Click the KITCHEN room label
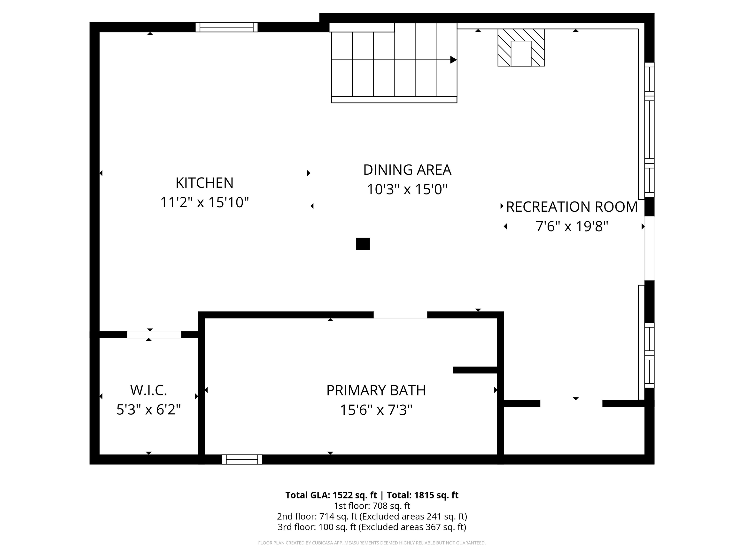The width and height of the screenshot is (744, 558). click(204, 183)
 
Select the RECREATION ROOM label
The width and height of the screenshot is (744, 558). click(572, 207)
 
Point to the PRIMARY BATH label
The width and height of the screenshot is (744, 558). click(376, 390)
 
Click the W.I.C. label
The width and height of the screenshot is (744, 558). click(148, 390)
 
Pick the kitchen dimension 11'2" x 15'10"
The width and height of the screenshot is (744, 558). click(204, 202)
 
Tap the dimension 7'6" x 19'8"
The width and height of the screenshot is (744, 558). click(572, 226)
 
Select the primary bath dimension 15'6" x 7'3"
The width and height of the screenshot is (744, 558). click(376, 410)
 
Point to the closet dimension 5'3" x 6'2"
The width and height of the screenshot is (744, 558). click(148, 410)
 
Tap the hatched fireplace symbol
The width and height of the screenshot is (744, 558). click(521, 47)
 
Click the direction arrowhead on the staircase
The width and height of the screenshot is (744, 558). click(453, 60)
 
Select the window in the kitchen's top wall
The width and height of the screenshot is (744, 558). click(227, 27)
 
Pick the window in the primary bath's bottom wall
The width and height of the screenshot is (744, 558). click(242, 459)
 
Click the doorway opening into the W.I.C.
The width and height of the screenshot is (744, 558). click(154, 335)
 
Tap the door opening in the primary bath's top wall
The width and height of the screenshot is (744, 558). click(400, 315)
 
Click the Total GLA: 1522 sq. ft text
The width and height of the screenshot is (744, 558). click(331, 495)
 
